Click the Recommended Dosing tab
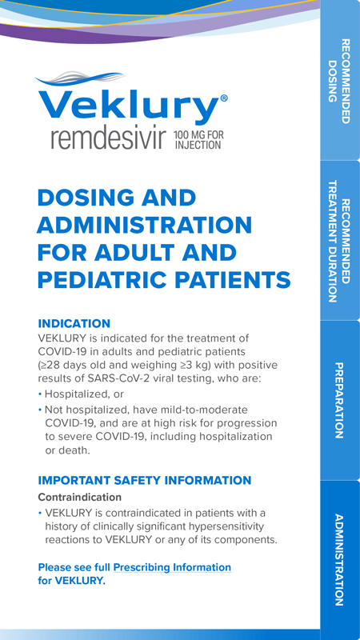point(339,81)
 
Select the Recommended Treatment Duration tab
point(339,241)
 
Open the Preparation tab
point(339,401)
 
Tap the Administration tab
point(339,559)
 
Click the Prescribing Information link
point(172,567)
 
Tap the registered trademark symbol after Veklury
point(224,98)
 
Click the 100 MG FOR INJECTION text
point(198,139)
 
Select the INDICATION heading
point(74,324)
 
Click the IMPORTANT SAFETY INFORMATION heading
point(145,481)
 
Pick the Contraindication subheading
point(79,498)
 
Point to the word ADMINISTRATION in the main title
point(145,226)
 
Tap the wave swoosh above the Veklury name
point(81,79)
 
